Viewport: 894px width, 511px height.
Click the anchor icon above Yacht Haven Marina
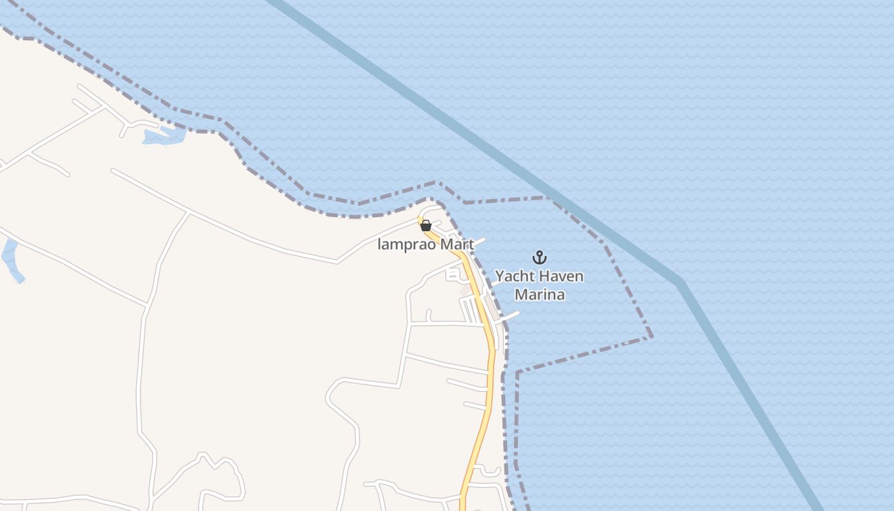[x=540, y=257]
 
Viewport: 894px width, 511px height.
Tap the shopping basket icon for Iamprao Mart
[x=426, y=225]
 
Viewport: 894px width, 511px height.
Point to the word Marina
[x=540, y=294]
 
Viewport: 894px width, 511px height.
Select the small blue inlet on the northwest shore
[x=163, y=136]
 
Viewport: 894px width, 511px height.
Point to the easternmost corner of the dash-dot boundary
[x=651, y=336]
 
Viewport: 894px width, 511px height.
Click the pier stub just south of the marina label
[x=510, y=315]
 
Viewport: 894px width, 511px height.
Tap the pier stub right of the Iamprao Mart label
[x=478, y=241]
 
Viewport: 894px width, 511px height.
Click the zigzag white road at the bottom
[x=220, y=463]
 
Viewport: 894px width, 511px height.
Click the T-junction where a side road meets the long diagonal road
[x=188, y=211]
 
